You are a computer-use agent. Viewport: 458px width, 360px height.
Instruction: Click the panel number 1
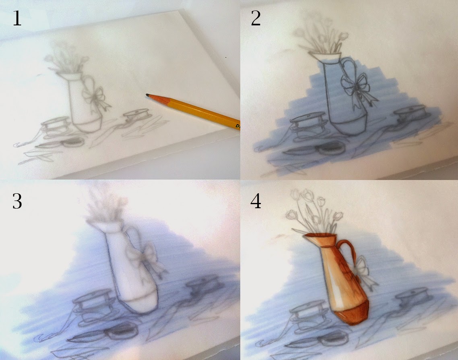[x=17, y=19]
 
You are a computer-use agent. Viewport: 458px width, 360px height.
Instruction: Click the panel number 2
[x=256, y=19]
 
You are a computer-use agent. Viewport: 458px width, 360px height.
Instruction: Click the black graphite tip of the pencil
[x=148, y=95]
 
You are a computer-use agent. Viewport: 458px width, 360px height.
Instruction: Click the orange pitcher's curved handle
[x=349, y=248]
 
